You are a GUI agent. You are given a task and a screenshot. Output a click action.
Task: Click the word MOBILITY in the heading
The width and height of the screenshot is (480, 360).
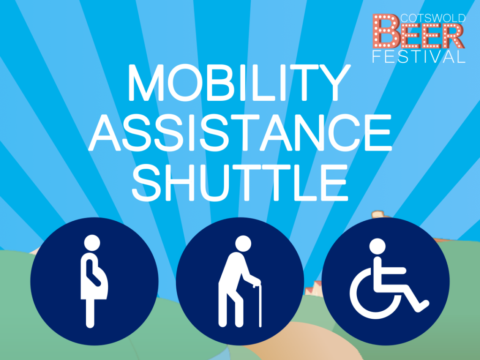239,82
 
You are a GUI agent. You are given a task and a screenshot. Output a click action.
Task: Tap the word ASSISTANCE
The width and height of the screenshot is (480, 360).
240,132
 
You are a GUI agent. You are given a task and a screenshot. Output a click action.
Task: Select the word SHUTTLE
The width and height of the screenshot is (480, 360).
240,182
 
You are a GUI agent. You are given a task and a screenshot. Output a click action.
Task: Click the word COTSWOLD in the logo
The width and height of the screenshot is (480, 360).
433,18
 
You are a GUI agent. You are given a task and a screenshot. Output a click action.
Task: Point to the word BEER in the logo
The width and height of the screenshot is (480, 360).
419,31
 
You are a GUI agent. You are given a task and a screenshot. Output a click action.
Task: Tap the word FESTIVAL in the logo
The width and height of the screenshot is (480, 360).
419,56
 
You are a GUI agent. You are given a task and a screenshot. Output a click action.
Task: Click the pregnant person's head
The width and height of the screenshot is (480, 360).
92,243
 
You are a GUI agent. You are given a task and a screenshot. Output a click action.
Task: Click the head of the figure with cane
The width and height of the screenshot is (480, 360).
243,244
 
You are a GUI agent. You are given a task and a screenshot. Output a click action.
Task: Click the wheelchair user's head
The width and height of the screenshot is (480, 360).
377,247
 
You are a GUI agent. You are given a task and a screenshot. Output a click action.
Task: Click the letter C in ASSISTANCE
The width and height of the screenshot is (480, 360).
343,132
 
